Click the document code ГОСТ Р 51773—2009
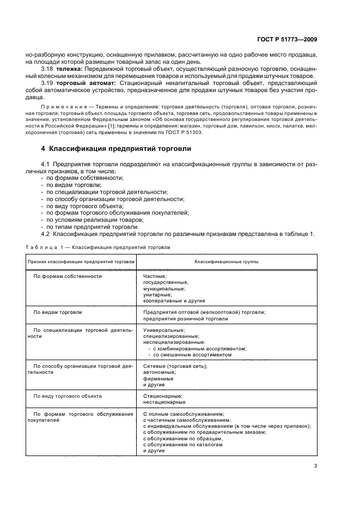point(294,39)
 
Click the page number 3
point(315,465)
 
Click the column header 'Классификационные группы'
point(227,262)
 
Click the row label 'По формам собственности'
point(68,276)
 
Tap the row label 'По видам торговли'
point(58,312)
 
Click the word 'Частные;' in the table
point(155,276)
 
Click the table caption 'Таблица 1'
point(43,247)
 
